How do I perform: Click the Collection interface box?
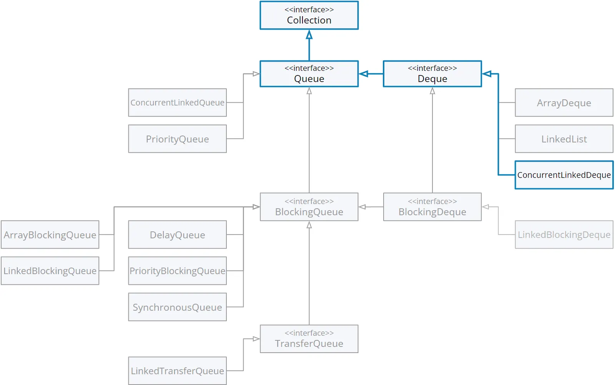[x=309, y=15]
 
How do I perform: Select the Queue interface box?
[x=309, y=74]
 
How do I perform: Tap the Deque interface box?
[x=432, y=74]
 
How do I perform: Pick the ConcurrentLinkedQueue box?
[x=177, y=102]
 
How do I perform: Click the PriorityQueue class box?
[x=177, y=139]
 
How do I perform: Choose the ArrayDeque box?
[x=564, y=102]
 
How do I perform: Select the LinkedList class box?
[x=564, y=139]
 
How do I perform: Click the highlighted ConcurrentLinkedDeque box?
[x=564, y=175]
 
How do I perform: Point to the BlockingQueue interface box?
[x=309, y=207]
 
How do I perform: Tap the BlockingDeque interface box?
[x=432, y=207]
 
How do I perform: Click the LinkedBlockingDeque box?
[x=564, y=234]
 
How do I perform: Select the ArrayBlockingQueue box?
[x=50, y=234]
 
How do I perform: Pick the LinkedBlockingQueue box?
[x=50, y=271]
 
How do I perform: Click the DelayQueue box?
[x=177, y=234]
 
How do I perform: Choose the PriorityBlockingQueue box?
[x=177, y=271]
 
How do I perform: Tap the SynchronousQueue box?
[x=177, y=307]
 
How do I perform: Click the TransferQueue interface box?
[x=309, y=339]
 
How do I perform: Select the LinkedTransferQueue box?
[x=177, y=371]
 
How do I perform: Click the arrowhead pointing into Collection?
[x=309, y=34]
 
